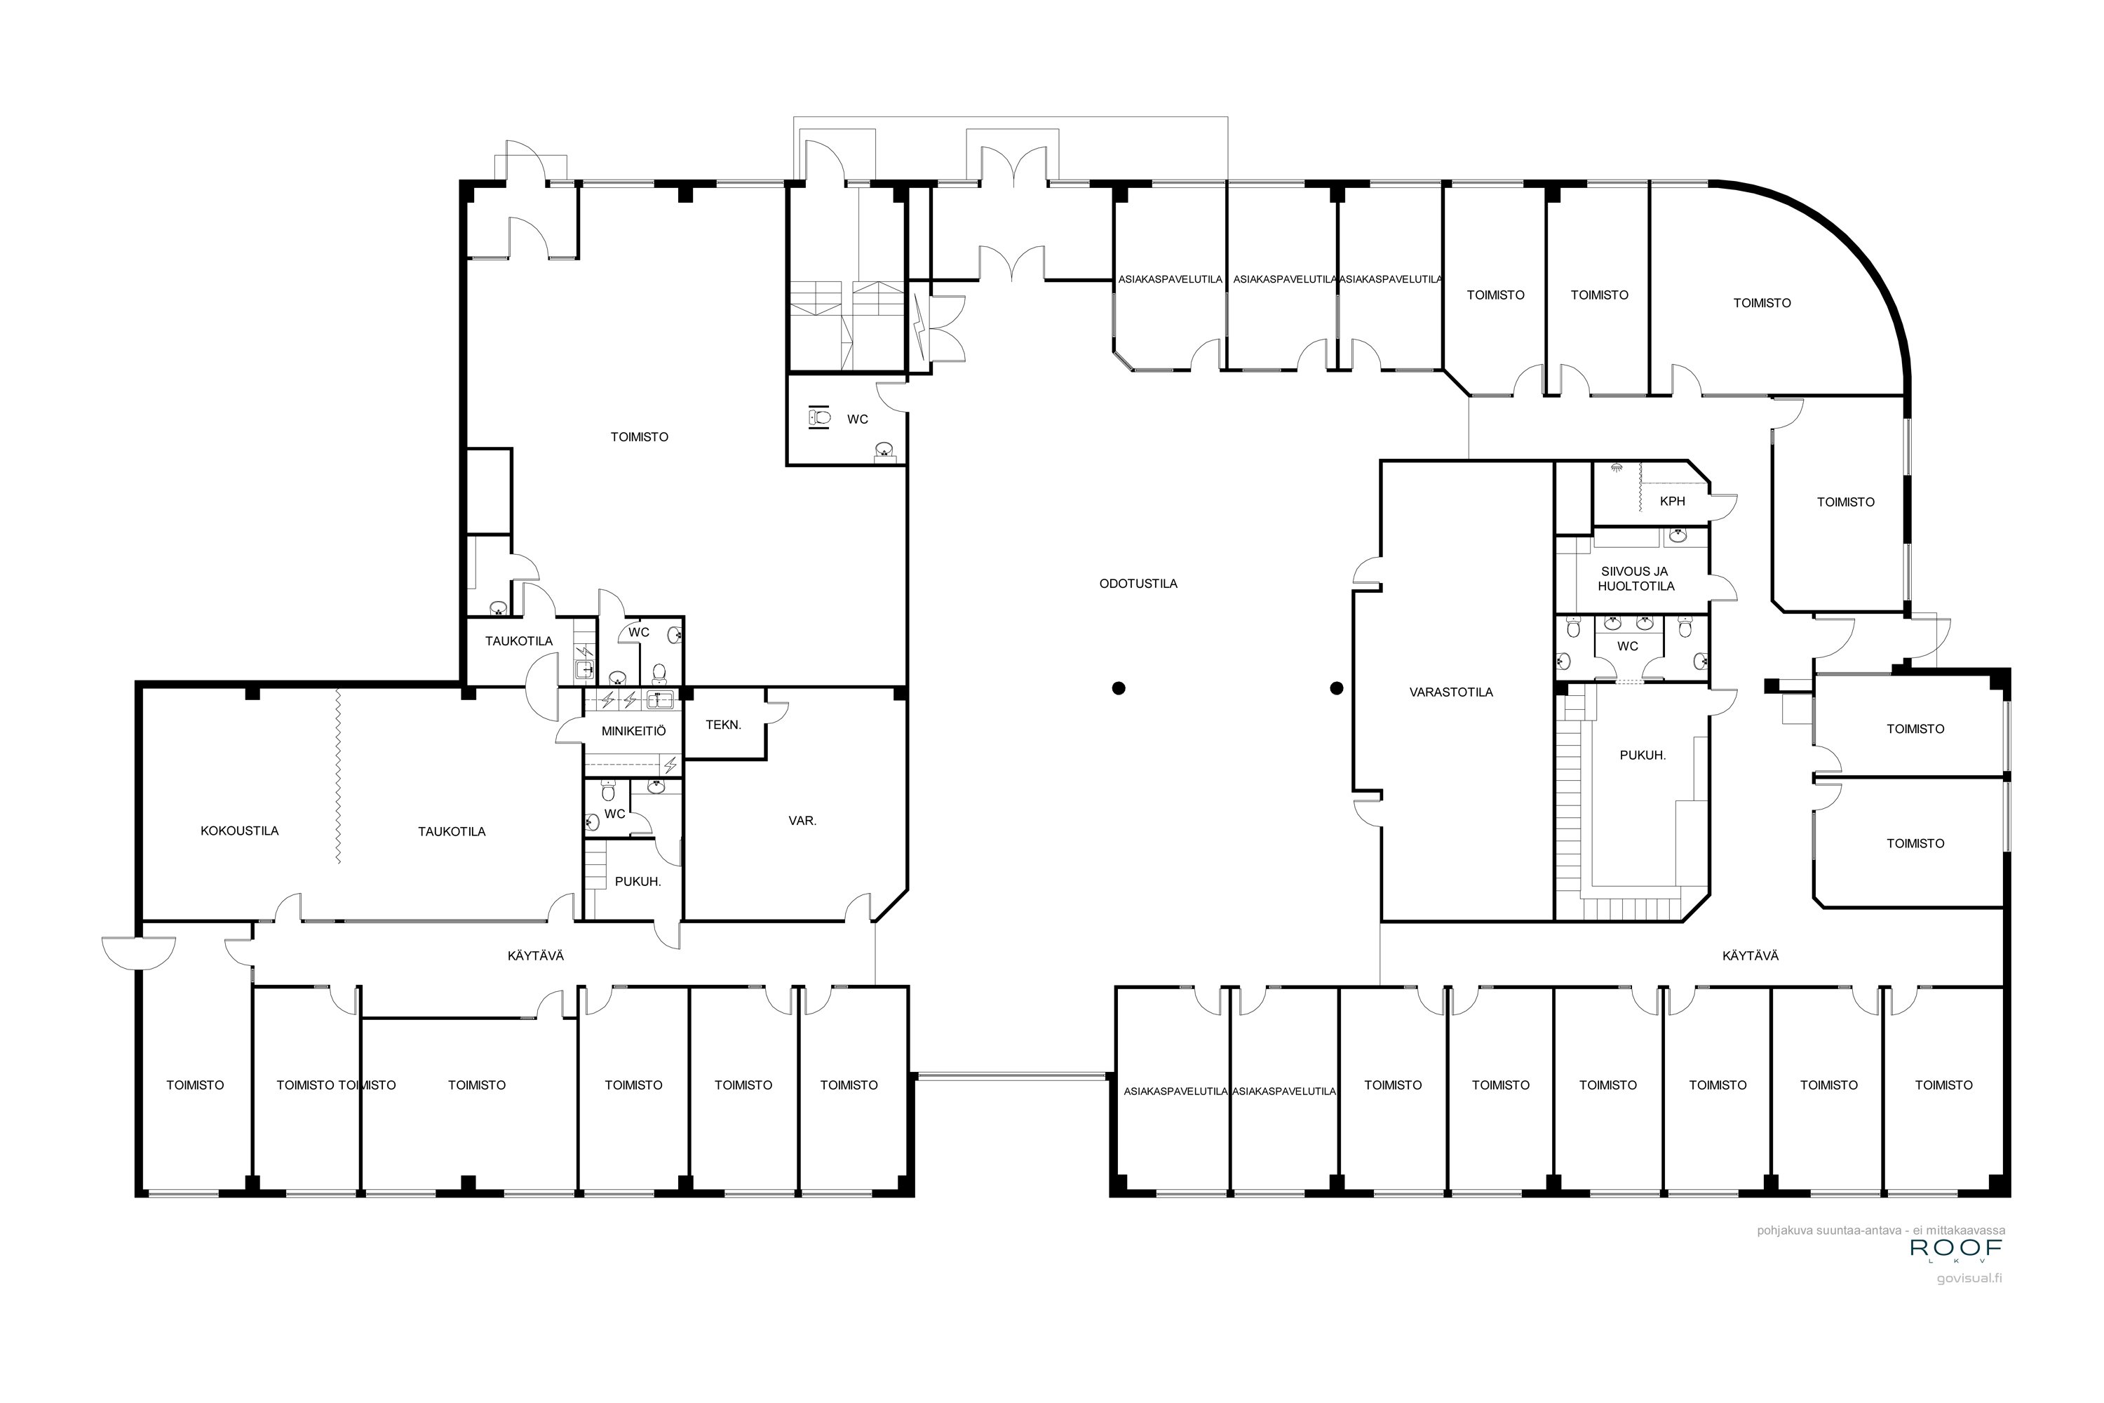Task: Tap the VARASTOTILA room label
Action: [x=1451, y=692]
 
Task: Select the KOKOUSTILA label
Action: [x=240, y=831]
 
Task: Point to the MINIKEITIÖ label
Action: [x=633, y=731]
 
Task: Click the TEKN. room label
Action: [x=723, y=725]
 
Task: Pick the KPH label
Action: [x=1672, y=501]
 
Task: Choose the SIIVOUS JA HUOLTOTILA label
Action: [x=1636, y=578]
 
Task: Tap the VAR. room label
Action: [x=802, y=821]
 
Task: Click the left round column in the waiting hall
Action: [x=1118, y=688]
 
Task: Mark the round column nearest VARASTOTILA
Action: [x=1337, y=688]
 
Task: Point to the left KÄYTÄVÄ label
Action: [x=536, y=955]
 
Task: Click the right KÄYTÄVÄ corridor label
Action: [x=1750, y=955]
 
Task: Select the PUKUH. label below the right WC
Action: [x=1643, y=756]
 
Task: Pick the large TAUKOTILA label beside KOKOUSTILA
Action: [x=452, y=831]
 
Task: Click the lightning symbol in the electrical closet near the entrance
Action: [x=919, y=324]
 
